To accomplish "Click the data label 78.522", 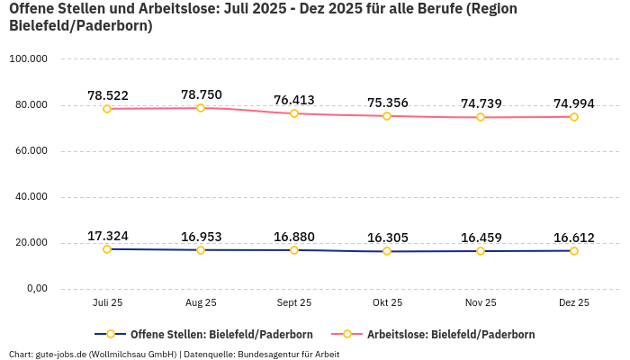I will [x=107, y=95].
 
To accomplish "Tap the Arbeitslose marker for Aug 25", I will [x=201, y=108].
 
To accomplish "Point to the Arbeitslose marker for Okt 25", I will [x=387, y=116].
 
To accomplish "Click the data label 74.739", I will [x=481, y=103].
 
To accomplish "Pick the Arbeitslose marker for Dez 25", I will [x=574, y=117].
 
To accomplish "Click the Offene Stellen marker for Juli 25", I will [x=107, y=249].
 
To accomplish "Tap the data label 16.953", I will [x=201, y=237].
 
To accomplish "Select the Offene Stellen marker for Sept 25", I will [x=294, y=250].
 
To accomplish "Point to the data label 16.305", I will [x=387, y=238].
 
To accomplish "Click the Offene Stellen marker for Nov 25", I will [x=481, y=251].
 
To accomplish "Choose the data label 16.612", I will [x=574, y=238].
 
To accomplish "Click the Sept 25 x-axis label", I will [x=294, y=303].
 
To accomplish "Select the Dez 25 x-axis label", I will [x=574, y=303].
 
